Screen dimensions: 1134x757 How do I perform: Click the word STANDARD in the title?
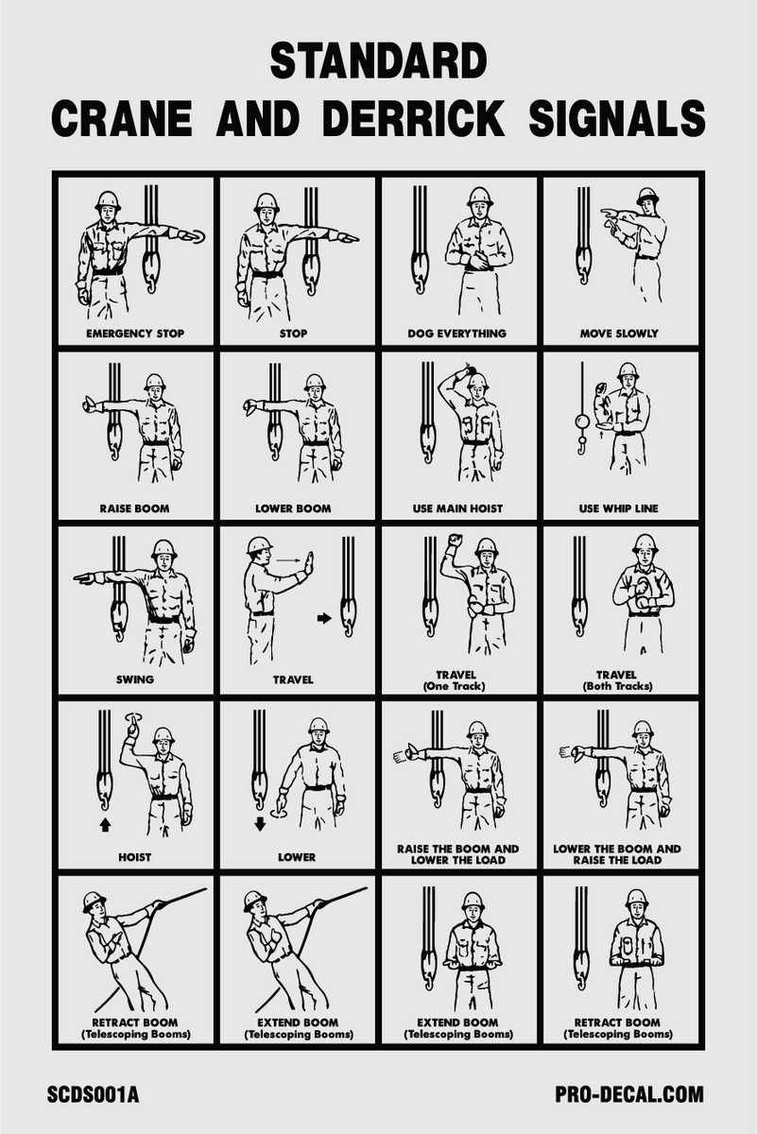pos(378,62)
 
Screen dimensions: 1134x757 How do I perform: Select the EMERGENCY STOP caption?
pos(135,334)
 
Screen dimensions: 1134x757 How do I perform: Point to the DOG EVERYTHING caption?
pos(457,334)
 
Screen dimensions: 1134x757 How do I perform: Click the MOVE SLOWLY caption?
pos(619,334)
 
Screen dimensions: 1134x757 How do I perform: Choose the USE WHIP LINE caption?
pos(619,508)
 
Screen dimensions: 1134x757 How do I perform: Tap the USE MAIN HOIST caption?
pos(457,508)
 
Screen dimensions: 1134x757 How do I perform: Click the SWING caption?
pos(135,679)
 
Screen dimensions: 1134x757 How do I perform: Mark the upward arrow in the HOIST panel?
pos(105,824)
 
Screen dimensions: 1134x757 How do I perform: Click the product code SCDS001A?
pos(93,1095)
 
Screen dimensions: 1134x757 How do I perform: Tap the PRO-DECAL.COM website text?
pos(629,1095)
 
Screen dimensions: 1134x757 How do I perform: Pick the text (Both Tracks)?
pos(619,686)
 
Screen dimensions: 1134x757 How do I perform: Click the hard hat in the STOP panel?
pos(267,201)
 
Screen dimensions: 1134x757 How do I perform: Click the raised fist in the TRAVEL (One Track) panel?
pos(455,541)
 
